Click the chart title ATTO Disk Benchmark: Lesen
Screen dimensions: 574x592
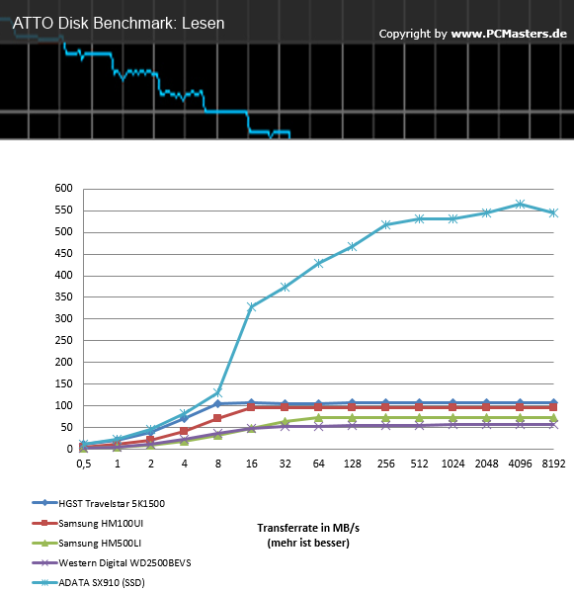119,24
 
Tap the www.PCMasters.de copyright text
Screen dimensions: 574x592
509,34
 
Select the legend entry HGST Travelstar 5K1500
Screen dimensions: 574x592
112,504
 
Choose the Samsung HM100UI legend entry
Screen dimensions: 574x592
101,523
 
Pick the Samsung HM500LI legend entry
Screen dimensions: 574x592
100,544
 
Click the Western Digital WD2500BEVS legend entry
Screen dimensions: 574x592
124,563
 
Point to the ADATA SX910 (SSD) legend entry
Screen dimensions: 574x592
102,583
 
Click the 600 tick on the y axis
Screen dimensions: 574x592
63,188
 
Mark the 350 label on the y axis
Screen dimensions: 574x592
63,296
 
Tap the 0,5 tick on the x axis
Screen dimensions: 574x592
84,464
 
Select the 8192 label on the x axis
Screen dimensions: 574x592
553,464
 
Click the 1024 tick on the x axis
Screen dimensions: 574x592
452,464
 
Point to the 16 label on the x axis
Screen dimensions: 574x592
252,464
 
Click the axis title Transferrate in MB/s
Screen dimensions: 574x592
308,528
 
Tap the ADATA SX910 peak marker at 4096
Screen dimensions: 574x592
520,205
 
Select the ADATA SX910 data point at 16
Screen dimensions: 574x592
251,307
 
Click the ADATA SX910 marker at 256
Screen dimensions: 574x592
385,225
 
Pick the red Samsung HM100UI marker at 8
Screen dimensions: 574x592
217,418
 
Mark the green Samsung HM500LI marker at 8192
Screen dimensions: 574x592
553,418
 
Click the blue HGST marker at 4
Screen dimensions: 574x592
184,418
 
